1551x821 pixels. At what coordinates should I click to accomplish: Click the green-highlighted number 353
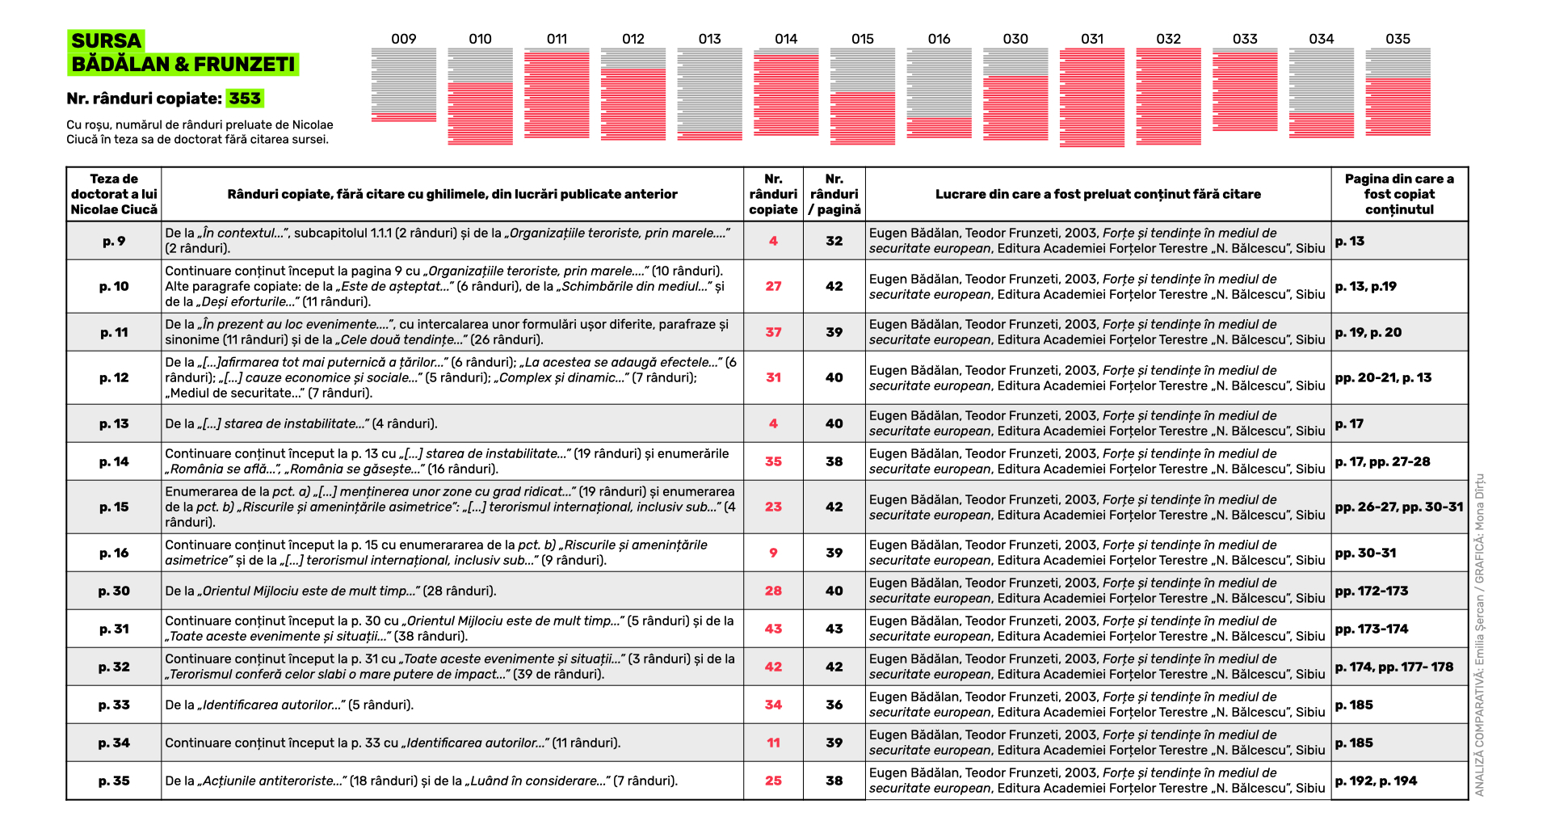[245, 99]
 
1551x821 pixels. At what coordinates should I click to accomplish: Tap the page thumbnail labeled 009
[403, 86]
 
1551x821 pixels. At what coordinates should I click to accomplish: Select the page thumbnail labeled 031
[1092, 97]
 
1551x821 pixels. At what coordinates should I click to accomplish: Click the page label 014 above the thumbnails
[786, 39]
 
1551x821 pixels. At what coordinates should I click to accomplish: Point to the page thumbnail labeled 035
[1398, 92]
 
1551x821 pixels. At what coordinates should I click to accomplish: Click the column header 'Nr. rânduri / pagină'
[834, 194]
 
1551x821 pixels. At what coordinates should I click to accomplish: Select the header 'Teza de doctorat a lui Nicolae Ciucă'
[114, 194]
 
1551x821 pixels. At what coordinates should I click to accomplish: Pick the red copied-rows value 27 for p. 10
[773, 286]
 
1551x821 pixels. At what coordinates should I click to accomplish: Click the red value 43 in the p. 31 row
[773, 629]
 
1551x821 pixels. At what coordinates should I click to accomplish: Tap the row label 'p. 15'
[114, 507]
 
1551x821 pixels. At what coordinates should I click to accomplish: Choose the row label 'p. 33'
[114, 705]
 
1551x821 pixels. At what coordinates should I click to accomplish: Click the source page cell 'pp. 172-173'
[1372, 591]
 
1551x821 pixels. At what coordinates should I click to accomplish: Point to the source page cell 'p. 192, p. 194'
[1376, 781]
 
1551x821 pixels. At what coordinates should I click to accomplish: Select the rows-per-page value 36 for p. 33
[834, 705]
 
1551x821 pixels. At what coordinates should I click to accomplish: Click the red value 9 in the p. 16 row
[773, 553]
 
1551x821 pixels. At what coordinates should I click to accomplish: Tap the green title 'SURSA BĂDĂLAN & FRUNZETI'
[183, 53]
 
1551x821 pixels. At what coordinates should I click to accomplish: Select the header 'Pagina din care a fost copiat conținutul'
[1399, 194]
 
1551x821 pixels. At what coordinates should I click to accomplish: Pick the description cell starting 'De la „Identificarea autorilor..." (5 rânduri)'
[289, 705]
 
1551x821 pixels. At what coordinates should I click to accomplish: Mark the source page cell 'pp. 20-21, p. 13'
[1383, 377]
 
